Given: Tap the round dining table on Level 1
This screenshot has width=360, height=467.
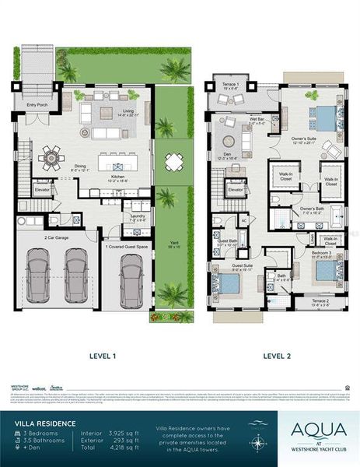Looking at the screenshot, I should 52,156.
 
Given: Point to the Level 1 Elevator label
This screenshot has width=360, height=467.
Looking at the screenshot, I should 41,189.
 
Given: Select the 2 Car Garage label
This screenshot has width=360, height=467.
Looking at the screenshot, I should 58,237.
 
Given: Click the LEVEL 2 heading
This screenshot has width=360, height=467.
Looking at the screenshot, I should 276,356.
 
